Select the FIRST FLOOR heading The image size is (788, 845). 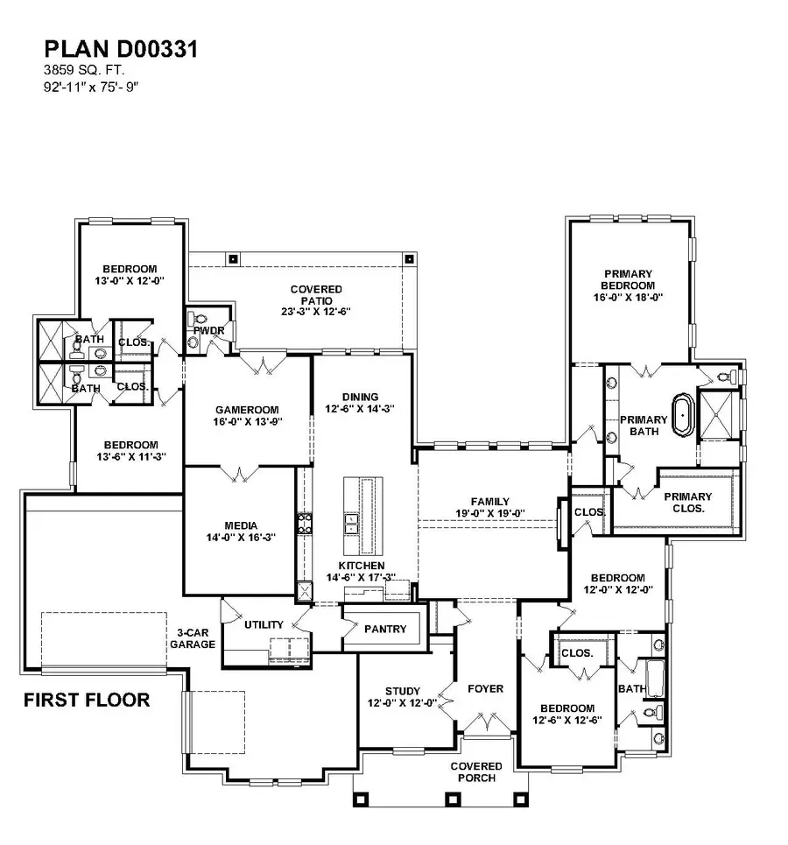pos(87,700)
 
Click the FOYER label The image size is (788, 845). pos(484,688)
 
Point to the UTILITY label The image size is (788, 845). pos(264,624)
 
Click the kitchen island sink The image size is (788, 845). pos(351,524)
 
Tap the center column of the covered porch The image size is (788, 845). pos(453,799)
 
